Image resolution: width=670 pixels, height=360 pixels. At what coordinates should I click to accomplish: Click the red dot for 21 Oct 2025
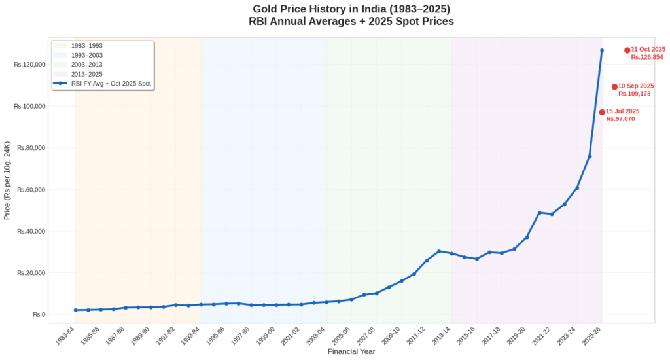(627, 50)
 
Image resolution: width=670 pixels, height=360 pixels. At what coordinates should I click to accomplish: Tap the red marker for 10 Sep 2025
(614, 87)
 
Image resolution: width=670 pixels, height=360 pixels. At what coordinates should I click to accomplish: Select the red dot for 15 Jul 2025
(602, 112)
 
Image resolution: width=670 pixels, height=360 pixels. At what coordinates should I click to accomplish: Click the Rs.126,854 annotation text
(647, 58)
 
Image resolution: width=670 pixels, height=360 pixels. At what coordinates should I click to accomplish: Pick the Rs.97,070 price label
(620, 119)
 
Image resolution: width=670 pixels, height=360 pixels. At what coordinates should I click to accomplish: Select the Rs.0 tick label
(39, 315)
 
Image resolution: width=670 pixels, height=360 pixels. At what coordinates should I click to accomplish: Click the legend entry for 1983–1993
(86, 46)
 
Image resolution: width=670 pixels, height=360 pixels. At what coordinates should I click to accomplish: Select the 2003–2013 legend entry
(86, 65)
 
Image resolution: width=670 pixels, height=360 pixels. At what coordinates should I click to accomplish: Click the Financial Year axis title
(351, 352)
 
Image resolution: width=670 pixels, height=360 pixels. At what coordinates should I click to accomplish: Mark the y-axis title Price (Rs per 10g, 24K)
(7, 180)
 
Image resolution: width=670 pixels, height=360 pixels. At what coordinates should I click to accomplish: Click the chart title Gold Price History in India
(351, 9)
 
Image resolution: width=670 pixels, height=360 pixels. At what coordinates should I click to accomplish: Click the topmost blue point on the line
(602, 50)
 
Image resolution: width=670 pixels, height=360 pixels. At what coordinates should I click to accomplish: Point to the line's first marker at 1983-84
(76, 310)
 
